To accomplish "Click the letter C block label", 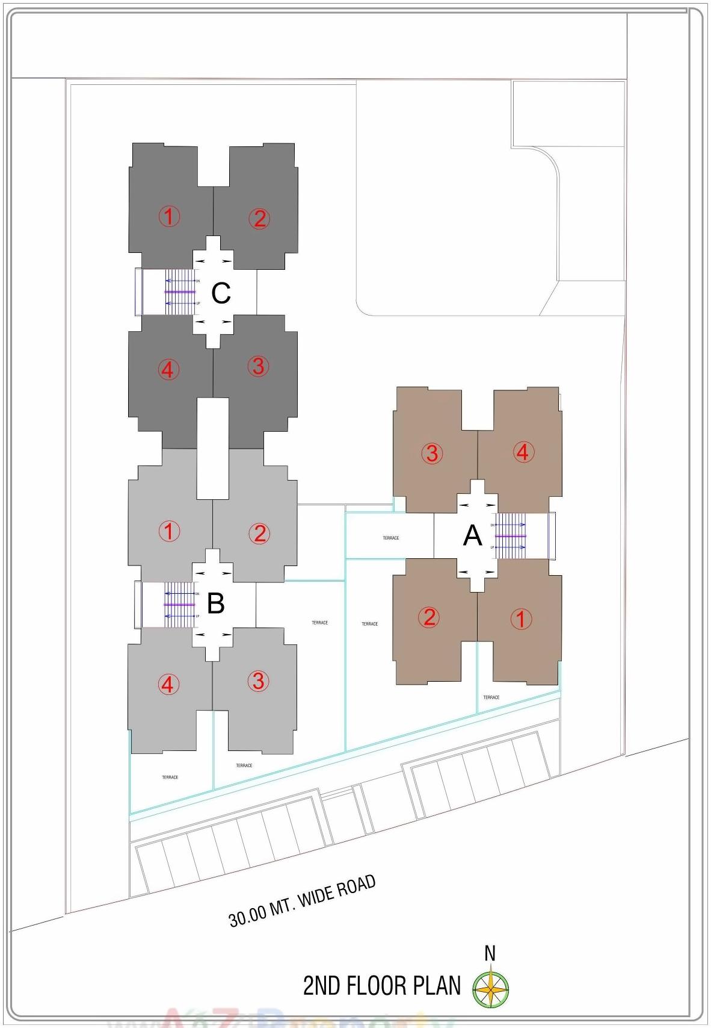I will click(221, 293).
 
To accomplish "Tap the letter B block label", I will click(215, 603).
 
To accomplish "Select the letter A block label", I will click(473, 535).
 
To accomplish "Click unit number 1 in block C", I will click(169, 216).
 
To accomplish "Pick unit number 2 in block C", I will click(259, 219).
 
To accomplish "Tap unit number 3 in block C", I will click(258, 366).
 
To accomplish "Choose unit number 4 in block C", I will click(168, 369).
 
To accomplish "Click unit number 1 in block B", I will click(169, 531).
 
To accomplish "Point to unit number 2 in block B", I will click(259, 534).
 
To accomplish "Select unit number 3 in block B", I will click(258, 681).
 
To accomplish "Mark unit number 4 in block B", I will click(168, 684).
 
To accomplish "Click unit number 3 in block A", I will click(432, 453).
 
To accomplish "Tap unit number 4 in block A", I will click(523, 452).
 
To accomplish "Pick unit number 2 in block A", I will click(429, 617).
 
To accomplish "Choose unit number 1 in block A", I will click(521, 619).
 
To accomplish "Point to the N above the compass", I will click(490, 954).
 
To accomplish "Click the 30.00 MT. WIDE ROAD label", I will click(302, 902).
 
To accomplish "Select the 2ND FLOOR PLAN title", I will click(382, 986).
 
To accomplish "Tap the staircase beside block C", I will click(180, 292).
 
